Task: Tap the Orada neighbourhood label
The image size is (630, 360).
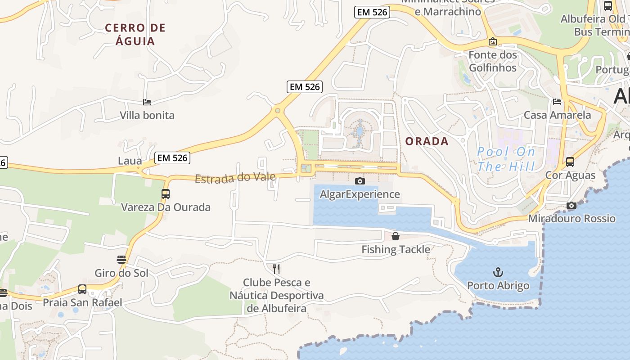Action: (427, 141)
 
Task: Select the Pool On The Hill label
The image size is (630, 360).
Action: (506, 159)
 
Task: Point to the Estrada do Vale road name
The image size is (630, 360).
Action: (235, 178)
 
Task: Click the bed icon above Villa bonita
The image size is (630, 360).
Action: (147, 102)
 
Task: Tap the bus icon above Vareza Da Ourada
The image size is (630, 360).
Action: (166, 194)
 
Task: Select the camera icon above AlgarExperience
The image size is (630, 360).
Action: (360, 181)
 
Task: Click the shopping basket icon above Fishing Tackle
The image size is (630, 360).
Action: (396, 236)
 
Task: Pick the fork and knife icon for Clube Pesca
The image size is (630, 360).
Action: (276, 269)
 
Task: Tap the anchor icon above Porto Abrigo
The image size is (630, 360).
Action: (498, 272)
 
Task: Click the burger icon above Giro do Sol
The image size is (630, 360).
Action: (121, 260)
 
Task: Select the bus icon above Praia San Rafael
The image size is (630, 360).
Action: (82, 289)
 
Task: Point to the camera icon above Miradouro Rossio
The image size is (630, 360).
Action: (571, 205)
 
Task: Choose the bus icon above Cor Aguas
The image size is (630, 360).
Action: (570, 162)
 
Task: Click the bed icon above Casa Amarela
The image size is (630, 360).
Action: (557, 102)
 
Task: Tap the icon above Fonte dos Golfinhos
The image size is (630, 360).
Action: (493, 42)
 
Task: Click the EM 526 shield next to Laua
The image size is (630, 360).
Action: (172, 158)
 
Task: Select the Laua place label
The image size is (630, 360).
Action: (130, 161)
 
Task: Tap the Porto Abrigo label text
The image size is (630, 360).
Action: (498, 286)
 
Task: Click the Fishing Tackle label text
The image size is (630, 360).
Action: (396, 249)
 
